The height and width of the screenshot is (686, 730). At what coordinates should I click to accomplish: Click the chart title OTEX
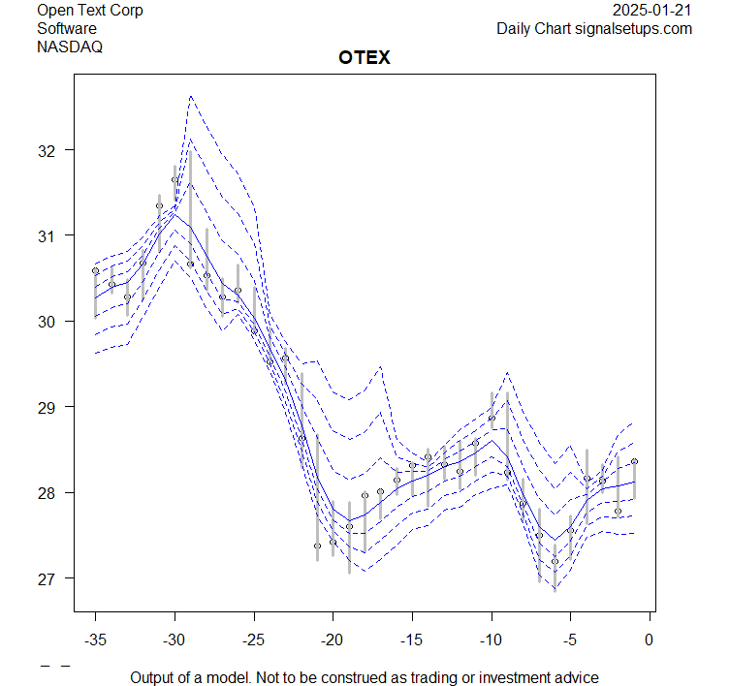coord(365,57)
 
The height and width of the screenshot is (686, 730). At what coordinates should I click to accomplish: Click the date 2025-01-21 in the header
coord(652,11)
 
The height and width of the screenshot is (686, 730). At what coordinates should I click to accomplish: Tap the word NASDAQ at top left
coord(70,46)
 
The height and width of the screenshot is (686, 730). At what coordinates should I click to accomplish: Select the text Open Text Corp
coord(90,11)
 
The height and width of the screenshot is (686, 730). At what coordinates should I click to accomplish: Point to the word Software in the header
coord(67,28)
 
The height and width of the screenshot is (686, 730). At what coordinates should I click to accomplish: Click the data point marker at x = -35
coord(95,271)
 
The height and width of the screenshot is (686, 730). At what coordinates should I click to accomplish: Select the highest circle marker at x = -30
coord(175,179)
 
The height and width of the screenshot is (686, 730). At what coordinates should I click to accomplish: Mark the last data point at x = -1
coord(634,462)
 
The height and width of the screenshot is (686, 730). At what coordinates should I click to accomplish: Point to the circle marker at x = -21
coord(317,546)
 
